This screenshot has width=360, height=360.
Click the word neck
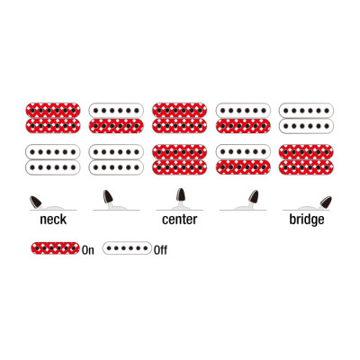pyautogui.click(x=53, y=220)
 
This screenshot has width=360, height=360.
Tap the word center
pyautogui.click(x=179, y=220)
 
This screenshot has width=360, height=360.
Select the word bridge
pyautogui.click(x=307, y=220)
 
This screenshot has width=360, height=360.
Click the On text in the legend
pyautogui.click(x=87, y=250)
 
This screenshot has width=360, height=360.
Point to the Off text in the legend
pyautogui.click(x=160, y=250)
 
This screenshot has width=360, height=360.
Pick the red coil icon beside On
pyautogui.click(x=56, y=248)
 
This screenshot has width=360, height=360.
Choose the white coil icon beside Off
pyautogui.click(x=127, y=248)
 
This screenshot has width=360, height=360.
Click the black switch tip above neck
pyautogui.click(x=36, y=202)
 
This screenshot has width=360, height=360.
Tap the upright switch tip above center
pyautogui.click(x=180, y=194)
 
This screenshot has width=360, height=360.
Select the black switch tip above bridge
pyautogui.click(x=326, y=202)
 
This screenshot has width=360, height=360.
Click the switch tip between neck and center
pyautogui.click(x=108, y=196)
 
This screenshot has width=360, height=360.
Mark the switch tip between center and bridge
pyautogui.click(x=254, y=196)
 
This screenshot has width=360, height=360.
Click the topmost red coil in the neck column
pyautogui.click(x=53, y=110)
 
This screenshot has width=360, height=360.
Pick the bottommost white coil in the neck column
pyautogui.click(x=53, y=167)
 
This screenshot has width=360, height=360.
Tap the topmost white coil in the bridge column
pyautogui.click(x=306, y=110)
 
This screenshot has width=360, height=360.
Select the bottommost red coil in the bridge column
pyautogui.click(x=306, y=167)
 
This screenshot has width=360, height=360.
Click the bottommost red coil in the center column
pyautogui.click(x=179, y=167)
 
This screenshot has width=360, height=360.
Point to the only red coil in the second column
pyautogui.click(x=116, y=126)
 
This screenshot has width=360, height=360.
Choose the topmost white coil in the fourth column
pyautogui.click(x=243, y=110)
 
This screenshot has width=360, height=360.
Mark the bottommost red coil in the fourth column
pyautogui.click(x=243, y=167)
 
